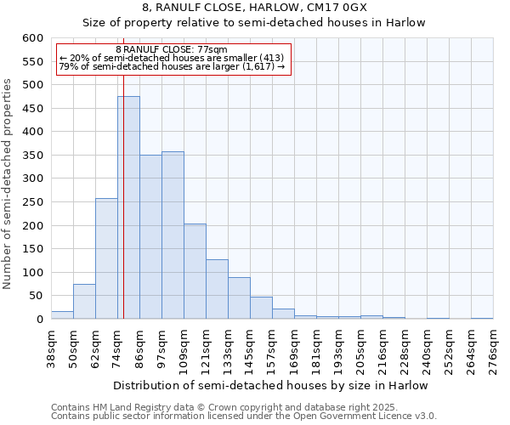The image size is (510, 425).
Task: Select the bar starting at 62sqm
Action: click(106, 258)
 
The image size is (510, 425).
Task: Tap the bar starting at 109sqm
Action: click(195, 271)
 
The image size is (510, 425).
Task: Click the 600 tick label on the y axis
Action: click(32, 38)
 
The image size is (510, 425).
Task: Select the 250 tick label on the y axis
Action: click(32, 202)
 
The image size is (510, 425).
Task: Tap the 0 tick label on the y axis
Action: click(39, 320)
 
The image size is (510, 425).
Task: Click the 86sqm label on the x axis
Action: click(139, 349)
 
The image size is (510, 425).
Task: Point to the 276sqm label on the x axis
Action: click(493, 349)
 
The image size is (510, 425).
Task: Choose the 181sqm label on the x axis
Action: click(316, 349)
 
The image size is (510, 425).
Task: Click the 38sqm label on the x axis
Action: click(51, 349)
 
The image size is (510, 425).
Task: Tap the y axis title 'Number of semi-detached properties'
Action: click(8, 184)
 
